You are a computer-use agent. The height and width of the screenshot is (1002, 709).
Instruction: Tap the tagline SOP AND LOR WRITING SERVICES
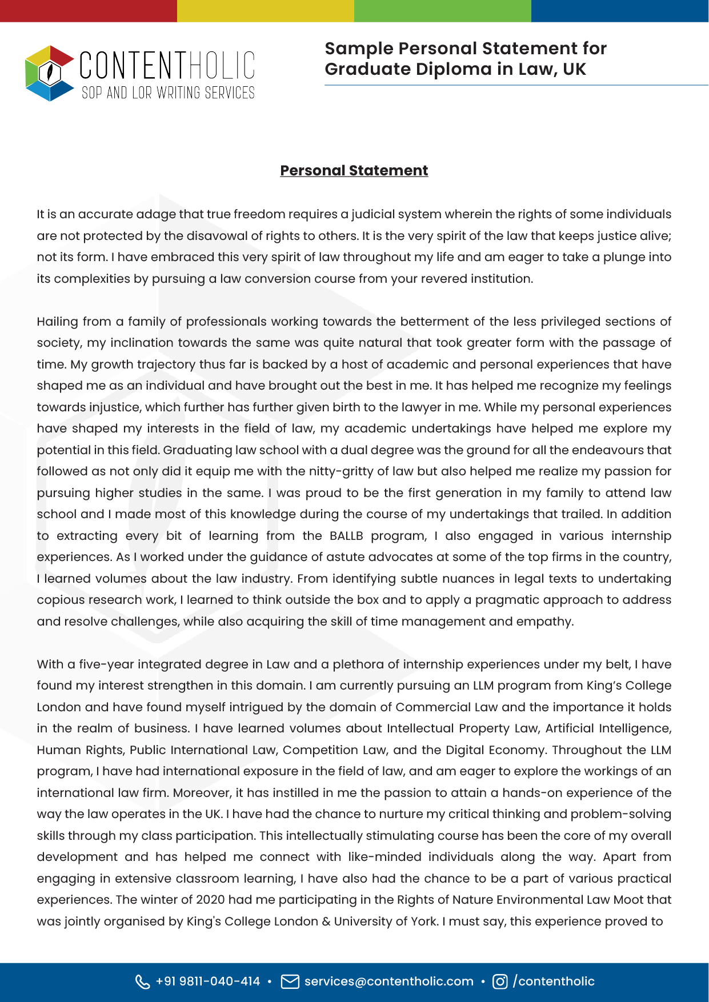pos(168,93)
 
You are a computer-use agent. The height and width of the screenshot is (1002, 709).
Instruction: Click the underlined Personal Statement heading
pos(354,170)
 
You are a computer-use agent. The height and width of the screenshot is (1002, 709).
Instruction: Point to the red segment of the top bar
pos(89,11)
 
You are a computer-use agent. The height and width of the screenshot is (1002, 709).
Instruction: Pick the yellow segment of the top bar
pos(266,11)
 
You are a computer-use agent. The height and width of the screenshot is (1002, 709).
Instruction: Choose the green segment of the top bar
pos(443,11)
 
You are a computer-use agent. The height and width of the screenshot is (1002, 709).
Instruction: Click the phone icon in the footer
pos(142,981)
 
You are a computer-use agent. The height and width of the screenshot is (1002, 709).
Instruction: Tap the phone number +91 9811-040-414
pos(208,981)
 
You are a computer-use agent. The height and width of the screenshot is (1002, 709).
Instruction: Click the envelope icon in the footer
pos(290,981)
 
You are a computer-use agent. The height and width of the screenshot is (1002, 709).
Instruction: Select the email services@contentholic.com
pos(389,981)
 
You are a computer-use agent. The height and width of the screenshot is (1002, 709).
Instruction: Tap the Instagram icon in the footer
pos(500,981)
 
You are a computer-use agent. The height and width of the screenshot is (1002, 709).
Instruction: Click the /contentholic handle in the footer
pos(554,981)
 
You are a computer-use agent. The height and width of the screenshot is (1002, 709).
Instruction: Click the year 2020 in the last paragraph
pos(211,900)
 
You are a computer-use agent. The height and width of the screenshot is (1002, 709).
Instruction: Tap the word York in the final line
pos(424,921)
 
